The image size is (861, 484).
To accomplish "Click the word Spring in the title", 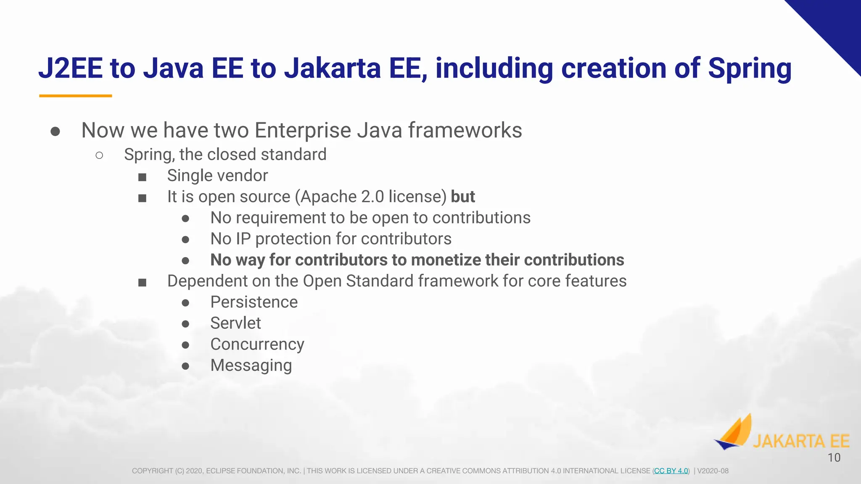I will point(749,68).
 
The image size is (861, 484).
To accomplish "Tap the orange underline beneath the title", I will point(76,96).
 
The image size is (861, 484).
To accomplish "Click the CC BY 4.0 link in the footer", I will point(671,471).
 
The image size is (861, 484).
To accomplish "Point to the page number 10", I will point(834,458).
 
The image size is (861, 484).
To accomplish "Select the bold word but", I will point(462,197).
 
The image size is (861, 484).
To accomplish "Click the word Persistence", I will point(254,302).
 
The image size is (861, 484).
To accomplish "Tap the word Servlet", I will point(235,323).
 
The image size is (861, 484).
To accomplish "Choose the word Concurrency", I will point(257,344).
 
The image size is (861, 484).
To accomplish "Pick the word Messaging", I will point(251,365).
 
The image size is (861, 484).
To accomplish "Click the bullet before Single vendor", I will point(143,177).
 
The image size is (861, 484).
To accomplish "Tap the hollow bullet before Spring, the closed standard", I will point(99,155).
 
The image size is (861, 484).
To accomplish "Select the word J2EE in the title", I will point(71,68).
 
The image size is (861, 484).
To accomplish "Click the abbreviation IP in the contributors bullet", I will point(243,239).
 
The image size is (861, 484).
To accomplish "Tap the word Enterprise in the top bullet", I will point(303,130).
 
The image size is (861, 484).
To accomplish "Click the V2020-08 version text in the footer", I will point(713,471).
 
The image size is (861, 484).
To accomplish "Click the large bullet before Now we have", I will point(55,132).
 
